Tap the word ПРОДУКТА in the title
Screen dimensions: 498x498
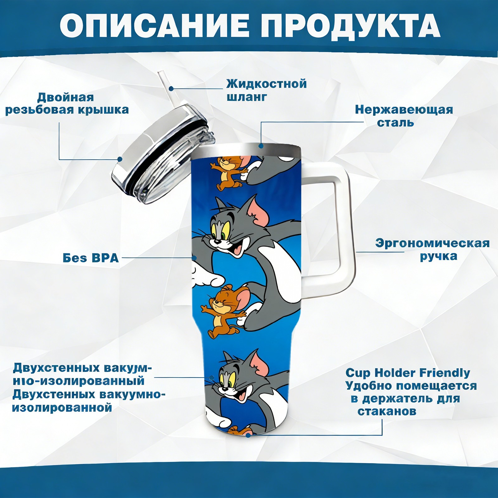pos(350,26)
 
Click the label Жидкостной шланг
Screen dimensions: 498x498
pos(266,90)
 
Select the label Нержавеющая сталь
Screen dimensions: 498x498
pos(404,116)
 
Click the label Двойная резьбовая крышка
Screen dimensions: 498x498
pos(67,103)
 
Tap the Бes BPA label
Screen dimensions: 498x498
pos(91,258)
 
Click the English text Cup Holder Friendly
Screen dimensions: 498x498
pos(408,373)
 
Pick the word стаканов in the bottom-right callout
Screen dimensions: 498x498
pos(387,411)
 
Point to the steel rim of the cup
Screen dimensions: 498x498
pos(246,151)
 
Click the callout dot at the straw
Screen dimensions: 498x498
pos(171,89)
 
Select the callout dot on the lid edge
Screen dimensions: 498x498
pos(120,159)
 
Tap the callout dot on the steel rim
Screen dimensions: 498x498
pos(261,145)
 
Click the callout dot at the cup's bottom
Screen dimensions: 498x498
pos(248,435)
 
